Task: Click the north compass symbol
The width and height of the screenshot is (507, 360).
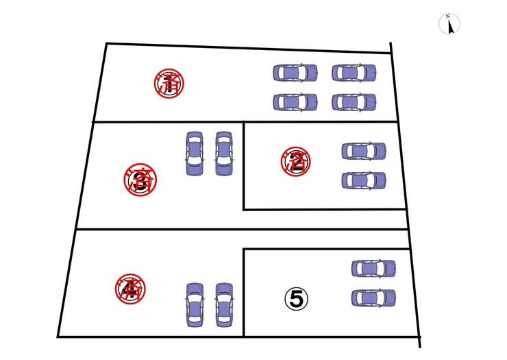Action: tap(449, 25)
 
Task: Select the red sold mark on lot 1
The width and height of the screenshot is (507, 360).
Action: tap(169, 83)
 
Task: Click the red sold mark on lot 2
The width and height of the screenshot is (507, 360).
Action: tap(295, 161)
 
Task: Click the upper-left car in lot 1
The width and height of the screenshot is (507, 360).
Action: tap(295, 72)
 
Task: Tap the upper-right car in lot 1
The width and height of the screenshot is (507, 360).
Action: tap(354, 72)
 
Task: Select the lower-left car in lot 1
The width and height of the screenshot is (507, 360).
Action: tap(295, 102)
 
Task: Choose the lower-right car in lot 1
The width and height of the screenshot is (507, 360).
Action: tap(354, 102)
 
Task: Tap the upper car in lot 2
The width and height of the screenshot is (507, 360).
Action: tap(364, 150)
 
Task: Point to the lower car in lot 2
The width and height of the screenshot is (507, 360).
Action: tap(364, 180)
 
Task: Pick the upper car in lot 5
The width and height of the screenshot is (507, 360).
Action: tap(373, 268)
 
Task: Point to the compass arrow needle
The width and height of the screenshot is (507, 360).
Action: tap(449, 27)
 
